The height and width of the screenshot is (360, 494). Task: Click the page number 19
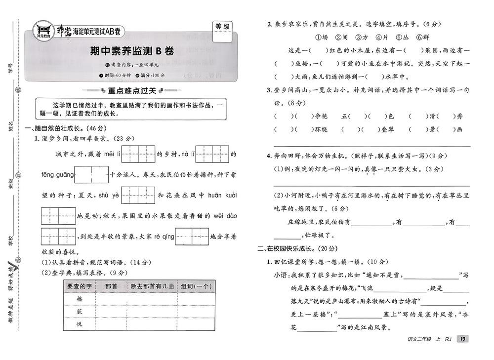coord(463,339)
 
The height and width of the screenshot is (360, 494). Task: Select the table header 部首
coord(111,286)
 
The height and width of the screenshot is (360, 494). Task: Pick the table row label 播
coord(79,299)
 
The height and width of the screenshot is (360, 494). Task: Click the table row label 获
coord(79,312)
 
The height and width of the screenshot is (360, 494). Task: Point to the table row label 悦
coord(79,324)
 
